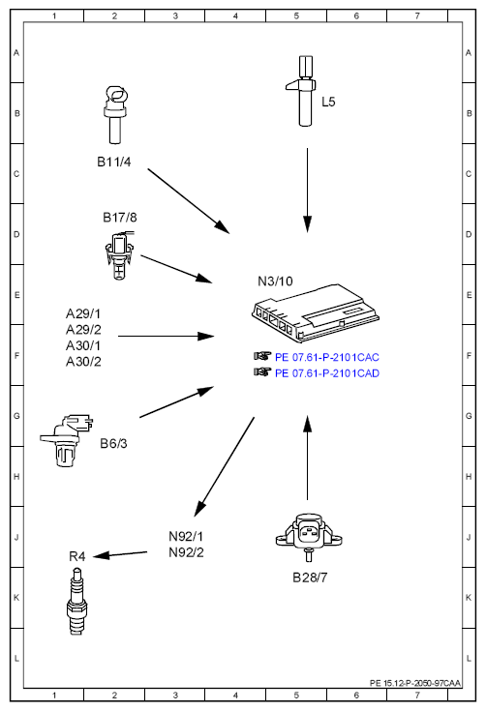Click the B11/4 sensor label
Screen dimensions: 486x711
pos(114,162)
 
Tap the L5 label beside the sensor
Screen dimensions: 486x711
pos(328,102)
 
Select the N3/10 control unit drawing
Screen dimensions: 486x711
pos(316,312)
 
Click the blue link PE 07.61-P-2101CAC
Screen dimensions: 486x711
pos(327,357)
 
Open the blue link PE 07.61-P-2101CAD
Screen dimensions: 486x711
pos(327,373)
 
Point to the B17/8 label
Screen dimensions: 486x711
pos(120,218)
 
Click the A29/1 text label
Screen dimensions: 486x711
pos(83,313)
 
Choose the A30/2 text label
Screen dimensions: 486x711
pos(83,362)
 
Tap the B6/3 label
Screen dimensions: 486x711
pos(113,443)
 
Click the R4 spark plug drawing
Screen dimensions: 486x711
pos(76,602)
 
